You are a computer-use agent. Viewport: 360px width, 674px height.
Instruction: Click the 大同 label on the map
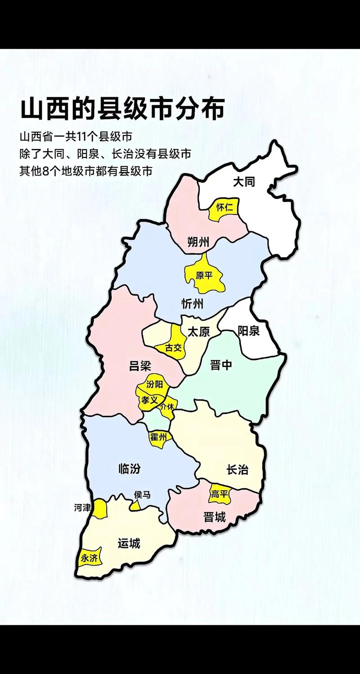tap(244, 182)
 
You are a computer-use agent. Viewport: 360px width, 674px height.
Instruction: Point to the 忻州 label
tap(192, 304)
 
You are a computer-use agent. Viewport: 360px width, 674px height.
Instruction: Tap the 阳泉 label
tap(248, 331)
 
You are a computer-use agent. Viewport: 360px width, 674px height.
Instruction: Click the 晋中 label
tap(221, 364)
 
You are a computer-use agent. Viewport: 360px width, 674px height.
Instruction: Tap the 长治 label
tap(237, 470)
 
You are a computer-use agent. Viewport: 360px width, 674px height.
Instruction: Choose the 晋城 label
tap(214, 517)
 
